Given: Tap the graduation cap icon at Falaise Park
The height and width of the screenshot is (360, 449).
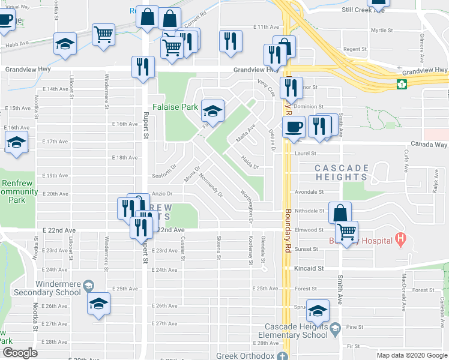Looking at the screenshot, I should pyautogui.click(x=211, y=111).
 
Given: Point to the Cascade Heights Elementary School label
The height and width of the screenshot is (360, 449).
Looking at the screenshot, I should pyautogui.click(x=297, y=331).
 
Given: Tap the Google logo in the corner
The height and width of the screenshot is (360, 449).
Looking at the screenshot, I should pyautogui.click(x=20, y=353).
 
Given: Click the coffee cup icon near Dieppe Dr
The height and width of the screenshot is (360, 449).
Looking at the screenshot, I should pyautogui.click(x=293, y=127).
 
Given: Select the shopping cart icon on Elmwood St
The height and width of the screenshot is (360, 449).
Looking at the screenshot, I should pyautogui.click(x=346, y=232).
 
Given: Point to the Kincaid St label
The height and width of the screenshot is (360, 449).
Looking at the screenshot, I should pyautogui.click(x=309, y=268).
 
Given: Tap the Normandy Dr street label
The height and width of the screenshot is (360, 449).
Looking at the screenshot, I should pyautogui.click(x=211, y=186).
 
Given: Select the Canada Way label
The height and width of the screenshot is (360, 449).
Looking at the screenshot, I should pyautogui.click(x=428, y=145).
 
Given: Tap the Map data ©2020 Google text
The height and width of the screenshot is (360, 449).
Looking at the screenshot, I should pyautogui.click(x=412, y=355).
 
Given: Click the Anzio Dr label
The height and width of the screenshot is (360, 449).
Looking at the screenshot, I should pyautogui.click(x=162, y=194).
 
